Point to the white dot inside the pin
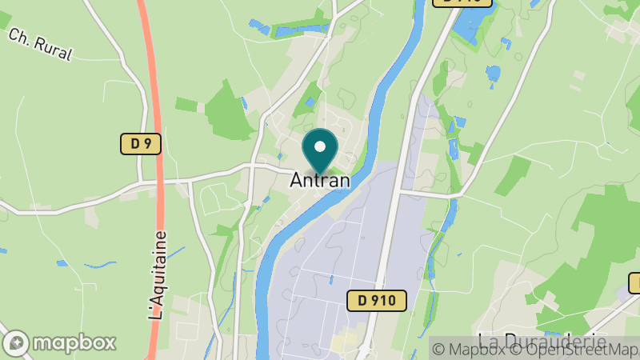[x=321, y=146]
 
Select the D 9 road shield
[x=142, y=144]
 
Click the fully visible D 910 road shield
[x=378, y=301]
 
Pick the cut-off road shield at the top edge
[x=462, y=2]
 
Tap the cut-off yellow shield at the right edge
[x=634, y=282]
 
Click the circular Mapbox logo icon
[x=16, y=342]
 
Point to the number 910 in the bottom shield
[x=386, y=301]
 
